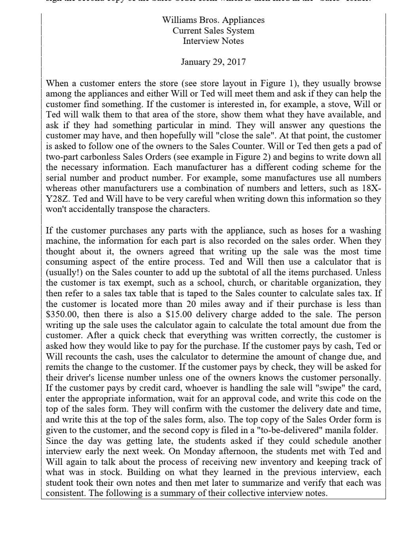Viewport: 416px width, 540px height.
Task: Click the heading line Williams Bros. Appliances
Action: tap(213, 20)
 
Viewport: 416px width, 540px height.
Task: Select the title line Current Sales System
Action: tap(213, 31)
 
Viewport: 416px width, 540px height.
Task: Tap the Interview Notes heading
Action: tap(213, 41)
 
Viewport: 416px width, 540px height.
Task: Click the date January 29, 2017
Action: tap(213, 62)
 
